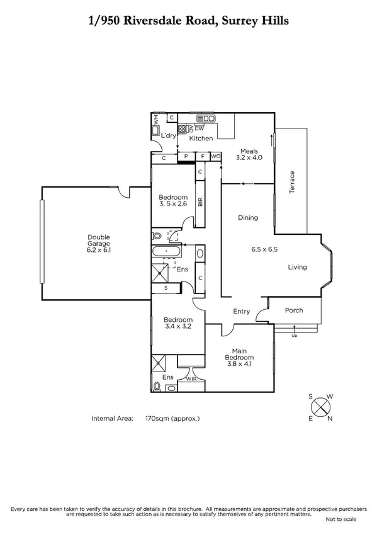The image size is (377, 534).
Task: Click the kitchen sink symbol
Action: (206, 118)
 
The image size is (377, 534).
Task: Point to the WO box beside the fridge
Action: (215, 157)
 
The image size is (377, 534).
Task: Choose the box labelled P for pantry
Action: (186, 157)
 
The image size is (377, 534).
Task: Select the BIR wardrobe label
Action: (200, 202)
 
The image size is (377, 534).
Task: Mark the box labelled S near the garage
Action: (166, 288)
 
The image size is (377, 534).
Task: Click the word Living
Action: (297, 267)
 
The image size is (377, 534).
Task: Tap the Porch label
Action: (294, 310)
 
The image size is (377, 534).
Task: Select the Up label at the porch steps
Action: (294, 336)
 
